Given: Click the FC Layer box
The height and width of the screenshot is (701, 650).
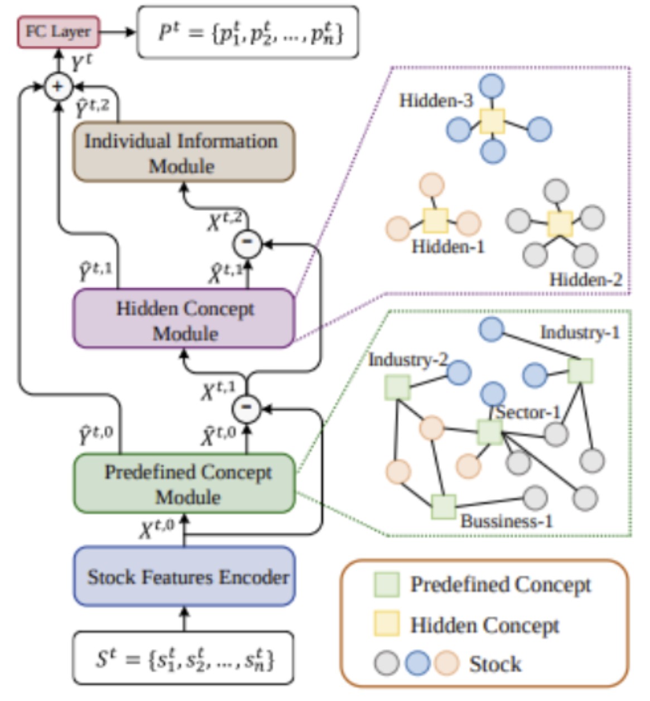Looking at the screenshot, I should pos(58,32).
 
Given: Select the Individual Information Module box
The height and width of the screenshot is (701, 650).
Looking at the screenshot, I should pos(184,152).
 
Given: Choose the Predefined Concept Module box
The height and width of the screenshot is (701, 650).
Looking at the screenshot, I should pos(184,484).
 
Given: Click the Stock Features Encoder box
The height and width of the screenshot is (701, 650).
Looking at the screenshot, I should pos(184,577).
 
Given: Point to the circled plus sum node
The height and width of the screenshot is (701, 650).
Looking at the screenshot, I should pos(58,87).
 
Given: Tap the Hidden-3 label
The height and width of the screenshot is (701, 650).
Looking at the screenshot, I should pos(436,101).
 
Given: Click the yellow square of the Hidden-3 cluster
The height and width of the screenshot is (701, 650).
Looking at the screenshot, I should pos(492,121).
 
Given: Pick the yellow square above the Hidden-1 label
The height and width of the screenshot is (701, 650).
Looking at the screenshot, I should pos(435,220).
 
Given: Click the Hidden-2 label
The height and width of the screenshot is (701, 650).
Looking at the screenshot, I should pos(585,279).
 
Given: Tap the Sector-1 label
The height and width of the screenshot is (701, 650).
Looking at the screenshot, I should pos(528,413).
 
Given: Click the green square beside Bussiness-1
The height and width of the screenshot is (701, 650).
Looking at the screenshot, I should pos(444,506).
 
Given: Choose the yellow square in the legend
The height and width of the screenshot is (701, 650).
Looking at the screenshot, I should pos(386,624).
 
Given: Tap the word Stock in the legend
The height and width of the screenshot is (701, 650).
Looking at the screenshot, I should pos(495,664).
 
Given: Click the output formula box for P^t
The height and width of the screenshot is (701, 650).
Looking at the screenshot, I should pos(248,32).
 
